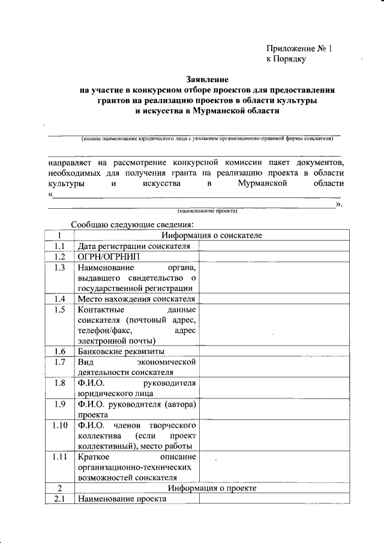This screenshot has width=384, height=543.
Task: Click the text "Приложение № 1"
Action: click(298, 48)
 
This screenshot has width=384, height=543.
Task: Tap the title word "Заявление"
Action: click(206, 79)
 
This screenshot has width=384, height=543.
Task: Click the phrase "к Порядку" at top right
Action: click(286, 59)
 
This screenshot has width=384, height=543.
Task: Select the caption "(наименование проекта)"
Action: click(207, 211)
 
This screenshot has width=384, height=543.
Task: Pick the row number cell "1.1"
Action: click(59, 246)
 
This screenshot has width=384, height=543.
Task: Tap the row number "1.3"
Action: click(59, 268)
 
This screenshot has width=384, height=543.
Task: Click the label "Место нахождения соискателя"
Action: click(137, 299)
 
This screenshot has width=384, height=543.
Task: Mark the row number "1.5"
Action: click(59, 310)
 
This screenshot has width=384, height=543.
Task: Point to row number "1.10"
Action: click(59, 425)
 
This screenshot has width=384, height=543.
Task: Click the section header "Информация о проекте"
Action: click(212, 488)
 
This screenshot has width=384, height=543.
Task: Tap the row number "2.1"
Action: click(59, 499)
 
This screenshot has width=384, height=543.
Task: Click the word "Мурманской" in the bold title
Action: click(215, 110)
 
